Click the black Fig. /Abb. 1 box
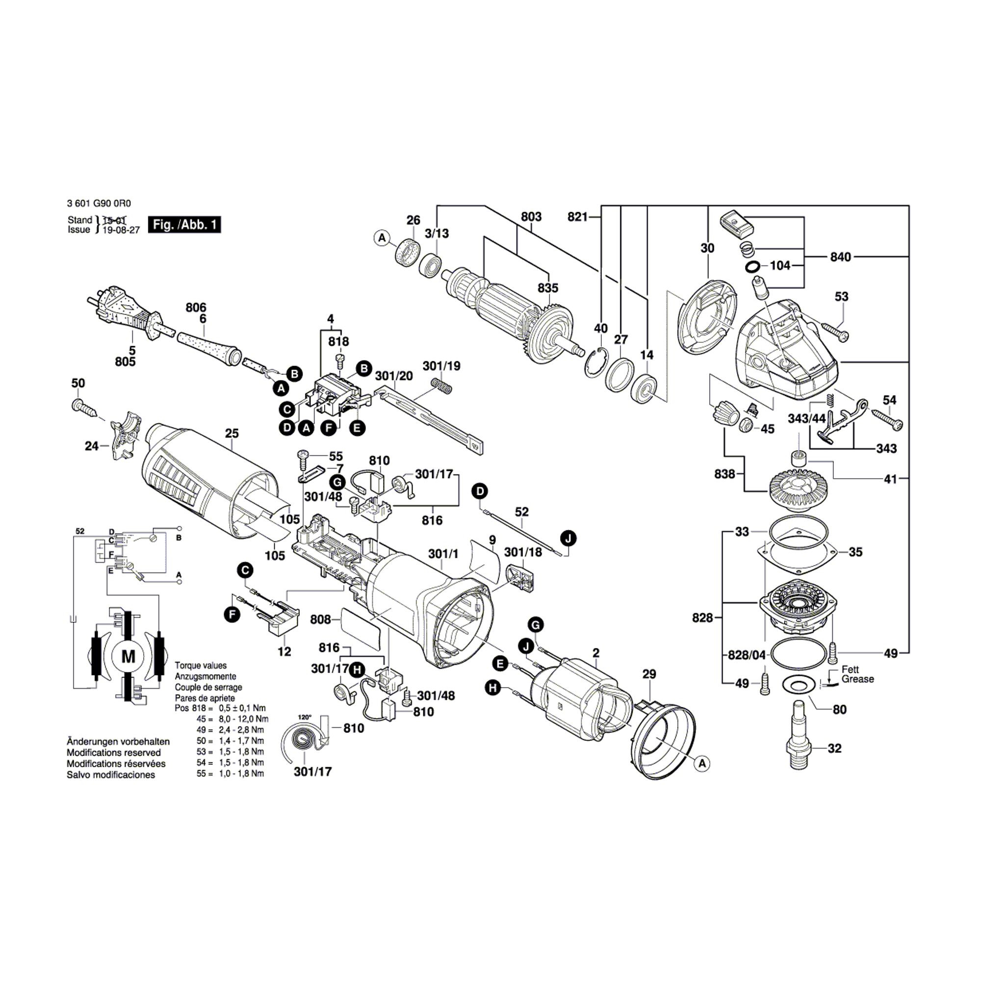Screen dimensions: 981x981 pyautogui.click(x=184, y=225)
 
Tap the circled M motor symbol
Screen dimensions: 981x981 pyautogui.click(x=129, y=657)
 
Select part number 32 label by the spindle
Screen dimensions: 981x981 pyautogui.click(x=834, y=748)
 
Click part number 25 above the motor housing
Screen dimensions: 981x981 pyautogui.click(x=232, y=433)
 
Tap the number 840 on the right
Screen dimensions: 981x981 pyautogui.click(x=840, y=257)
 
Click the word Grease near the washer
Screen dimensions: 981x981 pyautogui.click(x=857, y=679)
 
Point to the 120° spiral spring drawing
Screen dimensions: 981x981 pyautogui.click(x=304, y=739)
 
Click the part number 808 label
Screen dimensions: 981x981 pyautogui.click(x=320, y=620)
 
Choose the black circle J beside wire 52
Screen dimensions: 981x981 pyautogui.click(x=568, y=538)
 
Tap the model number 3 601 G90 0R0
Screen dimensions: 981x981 pyautogui.click(x=99, y=203)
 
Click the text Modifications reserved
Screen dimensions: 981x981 pyautogui.click(x=114, y=752)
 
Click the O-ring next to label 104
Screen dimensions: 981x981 pyautogui.click(x=753, y=266)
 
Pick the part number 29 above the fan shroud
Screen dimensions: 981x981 pyautogui.click(x=649, y=674)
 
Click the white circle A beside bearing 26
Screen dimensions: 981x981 pyautogui.click(x=382, y=237)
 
